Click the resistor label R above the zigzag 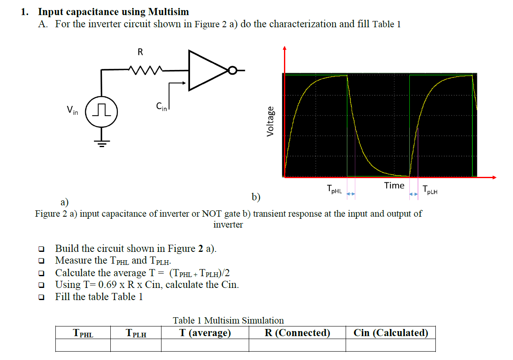click(x=140, y=52)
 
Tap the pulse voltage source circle click(x=101, y=112)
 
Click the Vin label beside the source click(x=72, y=111)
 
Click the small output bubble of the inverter click(x=232, y=70)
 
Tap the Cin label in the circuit click(x=161, y=107)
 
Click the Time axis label click(x=394, y=185)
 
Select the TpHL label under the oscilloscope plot click(x=334, y=190)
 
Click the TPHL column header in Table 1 click(x=83, y=333)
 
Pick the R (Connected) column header click(x=297, y=333)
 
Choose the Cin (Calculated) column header click(x=391, y=333)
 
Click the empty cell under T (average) click(x=205, y=345)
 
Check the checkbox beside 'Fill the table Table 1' click(x=41, y=297)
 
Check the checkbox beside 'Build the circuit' click(x=41, y=249)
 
